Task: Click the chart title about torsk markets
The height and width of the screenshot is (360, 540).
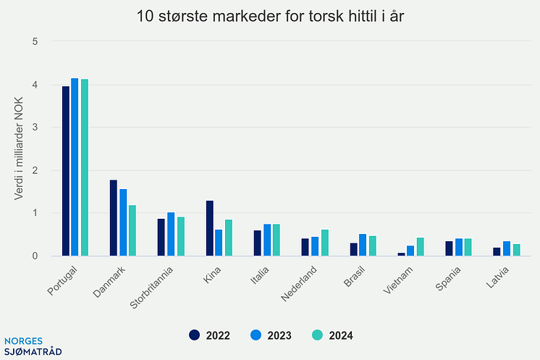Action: pyautogui.click(x=270, y=16)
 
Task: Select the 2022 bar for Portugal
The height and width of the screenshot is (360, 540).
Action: pyautogui.click(x=66, y=171)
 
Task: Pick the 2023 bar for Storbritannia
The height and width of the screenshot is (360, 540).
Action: pyautogui.click(x=171, y=234)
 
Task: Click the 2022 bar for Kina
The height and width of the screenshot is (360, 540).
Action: pyautogui.click(x=210, y=228)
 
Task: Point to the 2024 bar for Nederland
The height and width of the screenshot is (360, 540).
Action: pyautogui.click(x=324, y=243)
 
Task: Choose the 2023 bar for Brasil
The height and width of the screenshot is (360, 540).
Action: pyautogui.click(x=363, y=245)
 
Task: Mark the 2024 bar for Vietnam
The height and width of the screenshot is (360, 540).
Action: pyautogui.click(x=421, y=246)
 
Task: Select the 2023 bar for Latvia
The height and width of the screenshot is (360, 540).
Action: pyautogui.click(x=507, y=248)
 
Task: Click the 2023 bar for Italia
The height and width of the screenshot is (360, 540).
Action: pyautogui.click(x=267, y=240)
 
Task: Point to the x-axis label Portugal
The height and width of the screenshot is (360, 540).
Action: pyautogui.click(x=64, y=281)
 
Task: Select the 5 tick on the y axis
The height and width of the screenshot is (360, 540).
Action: pyautogui.click(x=35, y=41)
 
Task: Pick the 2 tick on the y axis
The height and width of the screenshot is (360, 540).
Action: pyautogui.click(x=35, y=170)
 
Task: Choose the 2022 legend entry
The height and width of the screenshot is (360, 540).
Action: pyautogui.click(x=210, y=335)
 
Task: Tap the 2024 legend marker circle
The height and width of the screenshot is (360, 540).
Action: pyautogui.click(x=317, y=335)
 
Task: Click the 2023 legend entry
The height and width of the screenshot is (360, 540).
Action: pyautogui.click(x=271, y=335)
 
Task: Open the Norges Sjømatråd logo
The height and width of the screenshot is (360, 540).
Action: pyautogui.click(x=33, y=346)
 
